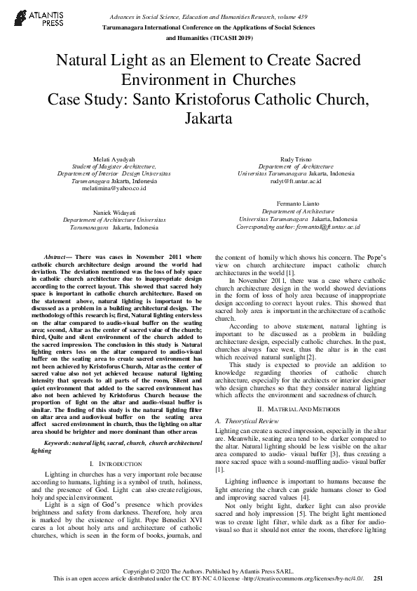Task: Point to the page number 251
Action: (378, 578)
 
